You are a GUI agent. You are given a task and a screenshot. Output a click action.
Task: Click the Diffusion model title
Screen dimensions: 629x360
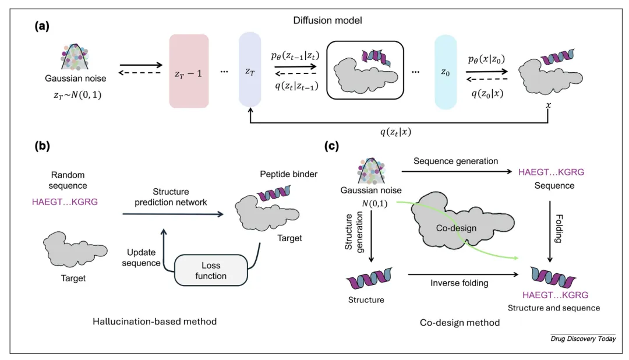tap(327, 20)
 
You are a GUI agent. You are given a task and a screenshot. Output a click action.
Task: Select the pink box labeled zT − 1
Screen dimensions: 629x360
tap(189, 71)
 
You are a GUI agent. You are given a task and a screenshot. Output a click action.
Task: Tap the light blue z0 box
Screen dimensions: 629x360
tap(446, 72)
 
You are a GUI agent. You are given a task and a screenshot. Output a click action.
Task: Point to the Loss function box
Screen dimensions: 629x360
tap(211, 270)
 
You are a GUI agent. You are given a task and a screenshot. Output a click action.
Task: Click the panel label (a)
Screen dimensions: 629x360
tap(42, 26)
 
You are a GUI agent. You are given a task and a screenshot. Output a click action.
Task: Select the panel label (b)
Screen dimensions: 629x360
tap(42, 146)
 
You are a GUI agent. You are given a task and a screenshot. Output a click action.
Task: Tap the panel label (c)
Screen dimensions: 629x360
tap(331, 146)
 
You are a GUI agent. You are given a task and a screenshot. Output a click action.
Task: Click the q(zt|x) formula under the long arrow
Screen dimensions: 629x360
tap(395, 132)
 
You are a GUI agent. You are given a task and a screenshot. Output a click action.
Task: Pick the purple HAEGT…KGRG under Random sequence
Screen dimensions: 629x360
tap(65, 202)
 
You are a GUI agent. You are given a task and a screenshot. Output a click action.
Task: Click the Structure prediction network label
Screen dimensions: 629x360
tap(171, 197)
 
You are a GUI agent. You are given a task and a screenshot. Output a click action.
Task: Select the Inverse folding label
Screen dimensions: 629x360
tap(460, 283)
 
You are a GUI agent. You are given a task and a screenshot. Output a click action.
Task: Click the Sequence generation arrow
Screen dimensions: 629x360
tap(457, 172)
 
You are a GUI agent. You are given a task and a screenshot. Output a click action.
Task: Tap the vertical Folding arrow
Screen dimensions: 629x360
tap(550, 232)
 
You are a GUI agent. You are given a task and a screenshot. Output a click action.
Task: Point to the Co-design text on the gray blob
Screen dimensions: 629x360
tap(456, 228)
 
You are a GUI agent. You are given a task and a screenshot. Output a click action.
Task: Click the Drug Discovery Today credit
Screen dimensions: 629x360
tap(583, 338)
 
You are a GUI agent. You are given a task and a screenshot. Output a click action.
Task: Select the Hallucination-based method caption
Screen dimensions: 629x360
tap(154, 322)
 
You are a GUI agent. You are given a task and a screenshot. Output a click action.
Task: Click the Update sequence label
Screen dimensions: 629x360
tap(141, 257)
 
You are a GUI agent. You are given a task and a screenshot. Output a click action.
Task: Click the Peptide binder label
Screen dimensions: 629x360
tap(288, 174)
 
